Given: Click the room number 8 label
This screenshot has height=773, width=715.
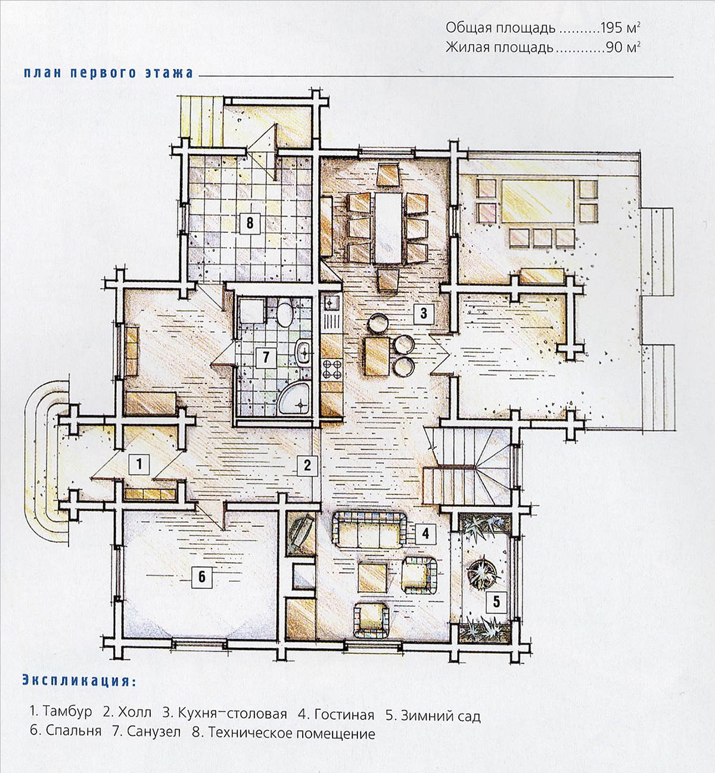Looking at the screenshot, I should pyautogui.click(x=250, y=223).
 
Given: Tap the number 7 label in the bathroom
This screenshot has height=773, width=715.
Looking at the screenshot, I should pyautogui.click(x=266, y=357).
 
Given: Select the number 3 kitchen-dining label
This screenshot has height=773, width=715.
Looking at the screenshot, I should pyautogui.click(x=423, y=312).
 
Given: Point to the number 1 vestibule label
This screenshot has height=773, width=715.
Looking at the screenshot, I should pyautogui.click(x=139, y=463).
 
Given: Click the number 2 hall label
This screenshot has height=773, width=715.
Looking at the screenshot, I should pyautogui.click(x=307, y=465).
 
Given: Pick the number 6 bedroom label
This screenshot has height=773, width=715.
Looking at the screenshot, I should pyautogui.click(x=202, y=576).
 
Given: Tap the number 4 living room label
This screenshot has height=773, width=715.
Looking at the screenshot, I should pyautogui.click(x=425, y=532).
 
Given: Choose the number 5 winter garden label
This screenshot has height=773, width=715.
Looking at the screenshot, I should pyautogui.click(x=496, y=601).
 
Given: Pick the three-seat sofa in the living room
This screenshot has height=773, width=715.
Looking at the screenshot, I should pyautogui.click(x=370, y=529).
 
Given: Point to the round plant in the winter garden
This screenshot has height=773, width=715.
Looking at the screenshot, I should pyautogui.click(x=483, y=571).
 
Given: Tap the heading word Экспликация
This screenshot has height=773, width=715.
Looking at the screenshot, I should pyautogui.click(x=75, y=681).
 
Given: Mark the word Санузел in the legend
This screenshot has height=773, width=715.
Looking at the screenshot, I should pyautogui.click(x=154, y=732).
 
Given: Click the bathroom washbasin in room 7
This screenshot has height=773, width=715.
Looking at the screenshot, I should pyautogui.click(x=304, y=353).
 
